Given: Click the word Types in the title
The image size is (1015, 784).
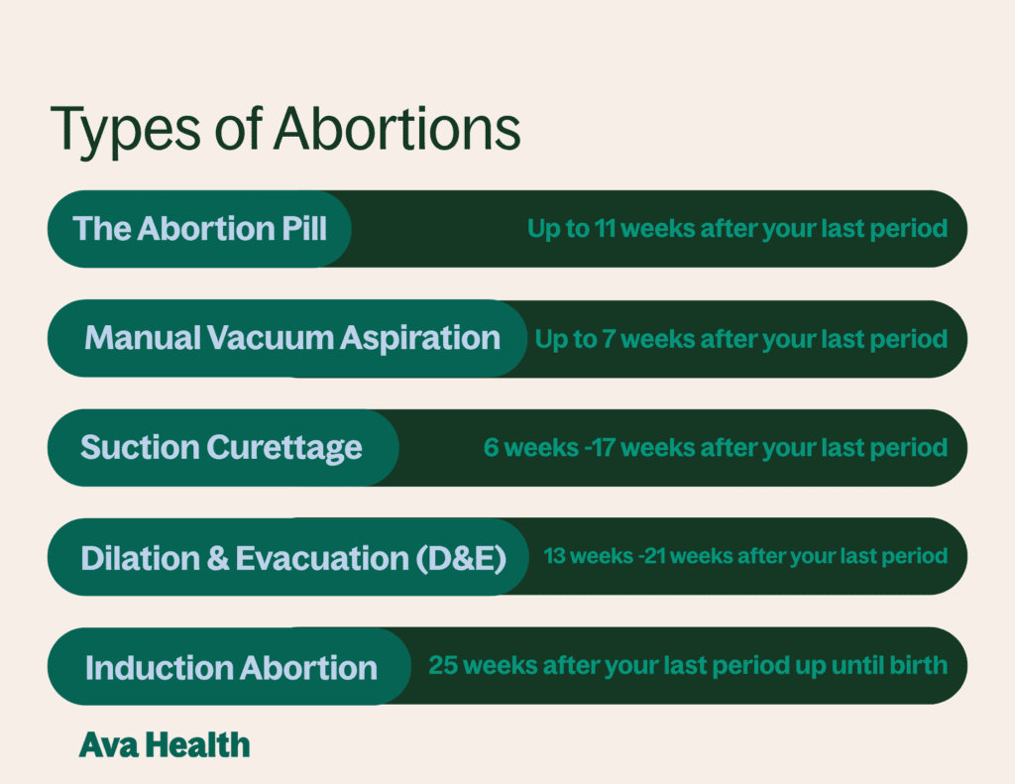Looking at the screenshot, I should point(115,130).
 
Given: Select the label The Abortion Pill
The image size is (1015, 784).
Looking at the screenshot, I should point(199,229).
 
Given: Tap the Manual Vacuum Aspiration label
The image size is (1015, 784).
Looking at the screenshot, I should point(292,338).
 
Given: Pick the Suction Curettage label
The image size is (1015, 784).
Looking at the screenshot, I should point(221,447).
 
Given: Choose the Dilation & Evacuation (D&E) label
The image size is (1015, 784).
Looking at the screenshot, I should point(293,557).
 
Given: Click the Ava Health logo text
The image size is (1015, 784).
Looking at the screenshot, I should point(165,744).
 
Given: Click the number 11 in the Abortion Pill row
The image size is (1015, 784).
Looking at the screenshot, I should point(606,229).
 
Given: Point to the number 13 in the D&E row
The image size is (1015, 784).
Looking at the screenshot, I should point(554,556).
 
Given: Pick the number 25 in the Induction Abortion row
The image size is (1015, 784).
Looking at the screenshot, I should point(443,665).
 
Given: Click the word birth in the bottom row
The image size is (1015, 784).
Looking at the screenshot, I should point(921,665).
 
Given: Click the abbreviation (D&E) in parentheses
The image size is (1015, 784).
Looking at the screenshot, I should point(460,557).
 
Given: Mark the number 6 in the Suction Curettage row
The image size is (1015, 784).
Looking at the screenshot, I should point(491,448).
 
